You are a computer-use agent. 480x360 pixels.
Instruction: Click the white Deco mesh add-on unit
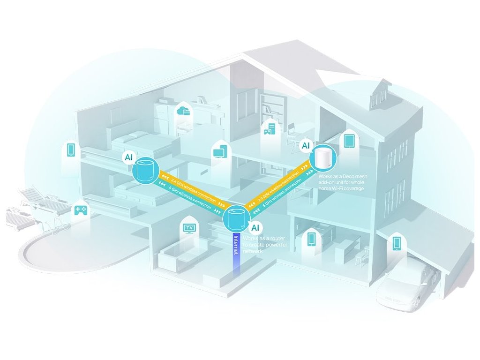[323, 158]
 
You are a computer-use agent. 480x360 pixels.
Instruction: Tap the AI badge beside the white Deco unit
[306, 146]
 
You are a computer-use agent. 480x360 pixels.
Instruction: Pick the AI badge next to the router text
[255, 228]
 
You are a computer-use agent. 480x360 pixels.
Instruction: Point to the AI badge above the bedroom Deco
[128, 157]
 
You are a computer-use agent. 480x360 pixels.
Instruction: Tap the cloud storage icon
[183, 111]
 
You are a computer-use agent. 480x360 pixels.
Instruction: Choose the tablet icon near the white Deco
[349, 140]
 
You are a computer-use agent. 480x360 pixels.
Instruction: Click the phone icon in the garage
[397, 243]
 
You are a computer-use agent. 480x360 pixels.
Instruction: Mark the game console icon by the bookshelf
[270, 127]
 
